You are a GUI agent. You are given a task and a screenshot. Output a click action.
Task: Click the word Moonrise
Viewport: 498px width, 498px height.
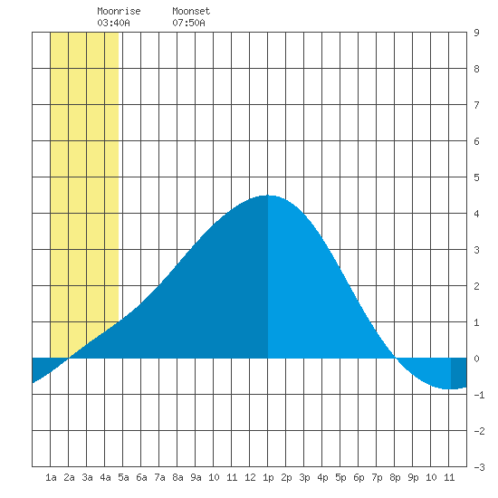point(119,11)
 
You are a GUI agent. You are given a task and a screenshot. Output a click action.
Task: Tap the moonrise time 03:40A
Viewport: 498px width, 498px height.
point(113,23)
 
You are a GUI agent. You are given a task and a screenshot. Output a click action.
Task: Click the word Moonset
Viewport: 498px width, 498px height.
point(191,11)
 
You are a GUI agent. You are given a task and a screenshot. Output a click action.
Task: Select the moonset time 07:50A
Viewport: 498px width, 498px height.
point(188,23)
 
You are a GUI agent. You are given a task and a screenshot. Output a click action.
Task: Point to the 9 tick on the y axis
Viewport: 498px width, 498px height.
point(476,33)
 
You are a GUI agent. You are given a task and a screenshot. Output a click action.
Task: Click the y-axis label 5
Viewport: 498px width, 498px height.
point(476,177)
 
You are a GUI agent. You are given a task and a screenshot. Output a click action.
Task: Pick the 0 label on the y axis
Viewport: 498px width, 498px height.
point(476,359)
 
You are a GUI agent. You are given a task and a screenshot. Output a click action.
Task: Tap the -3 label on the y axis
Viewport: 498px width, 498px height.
point(479,467)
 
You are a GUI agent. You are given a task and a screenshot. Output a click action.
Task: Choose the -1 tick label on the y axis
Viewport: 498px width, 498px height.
point(479,395)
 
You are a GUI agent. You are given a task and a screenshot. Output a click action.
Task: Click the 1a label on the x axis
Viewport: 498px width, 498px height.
point(51,477)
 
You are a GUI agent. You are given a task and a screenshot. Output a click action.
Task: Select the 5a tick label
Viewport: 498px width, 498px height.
point(123,477)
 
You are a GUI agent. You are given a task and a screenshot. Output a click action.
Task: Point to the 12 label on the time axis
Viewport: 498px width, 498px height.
point(250,477)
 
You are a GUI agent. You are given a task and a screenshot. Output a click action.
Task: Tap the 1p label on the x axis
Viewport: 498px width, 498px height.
point(268,477)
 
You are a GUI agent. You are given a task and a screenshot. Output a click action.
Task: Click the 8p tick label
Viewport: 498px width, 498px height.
point(395,477)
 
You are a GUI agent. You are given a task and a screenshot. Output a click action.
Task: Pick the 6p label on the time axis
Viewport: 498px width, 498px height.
point(359,477)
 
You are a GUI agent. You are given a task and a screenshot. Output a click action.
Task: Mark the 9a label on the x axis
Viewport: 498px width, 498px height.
point(196,477)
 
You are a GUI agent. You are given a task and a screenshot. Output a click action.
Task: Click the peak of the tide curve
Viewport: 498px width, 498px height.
point(268,196)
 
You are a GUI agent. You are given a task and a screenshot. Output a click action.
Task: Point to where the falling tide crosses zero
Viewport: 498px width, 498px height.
point(395,358)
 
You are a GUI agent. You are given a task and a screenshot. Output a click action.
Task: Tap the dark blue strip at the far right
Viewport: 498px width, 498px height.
point(459,373)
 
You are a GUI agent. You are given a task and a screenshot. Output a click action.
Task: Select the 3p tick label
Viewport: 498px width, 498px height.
point(304,477)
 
